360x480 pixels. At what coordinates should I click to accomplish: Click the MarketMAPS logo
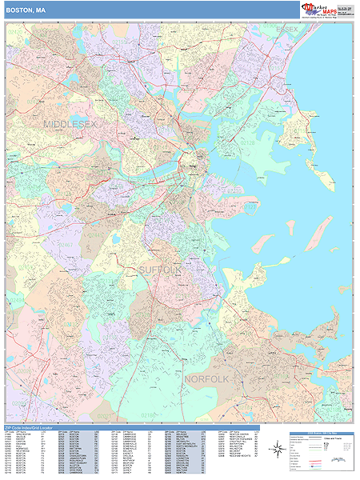click(x=319, y=9)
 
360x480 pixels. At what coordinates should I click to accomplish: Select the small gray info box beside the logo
click(x=346, y=10)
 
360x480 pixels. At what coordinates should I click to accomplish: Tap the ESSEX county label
click(x=286, y=30)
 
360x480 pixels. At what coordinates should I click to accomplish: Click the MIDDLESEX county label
click(x=70, y=125)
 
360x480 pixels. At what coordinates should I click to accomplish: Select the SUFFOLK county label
click(x=161, y=270)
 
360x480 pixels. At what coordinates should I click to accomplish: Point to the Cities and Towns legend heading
click(x=334, y=438)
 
